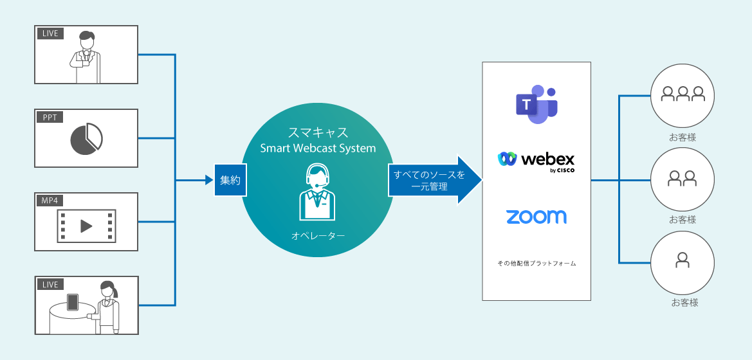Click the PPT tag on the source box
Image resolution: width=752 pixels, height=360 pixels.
pyautogui.click(x=50, y=117)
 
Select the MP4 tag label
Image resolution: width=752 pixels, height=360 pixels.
pyautogui.click(x=50, y=201)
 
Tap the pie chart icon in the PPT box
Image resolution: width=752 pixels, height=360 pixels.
pyautogui.click(x=86, y=139)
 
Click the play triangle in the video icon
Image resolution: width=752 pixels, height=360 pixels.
pyautogui.click(x=86, y=226)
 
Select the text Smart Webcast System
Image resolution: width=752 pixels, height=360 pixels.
pyautogui.click(x=318, y=149)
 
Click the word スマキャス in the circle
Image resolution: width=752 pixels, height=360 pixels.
pyautogui.click(x=318, y=132)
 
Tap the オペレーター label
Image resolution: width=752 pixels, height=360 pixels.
pyautogui.click(x=318, y=236)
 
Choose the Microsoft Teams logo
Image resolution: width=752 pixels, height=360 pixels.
pyautogui.click(x=536, y=104)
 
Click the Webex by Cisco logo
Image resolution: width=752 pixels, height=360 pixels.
pyautogui.click(x=536, y=161)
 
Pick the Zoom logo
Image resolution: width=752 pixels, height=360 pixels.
pyautogui.click(x=536, y=217)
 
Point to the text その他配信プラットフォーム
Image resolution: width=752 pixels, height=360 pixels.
pyautogui.click(x=536, y=264)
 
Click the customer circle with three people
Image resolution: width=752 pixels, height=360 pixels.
pyautogui.click(x=683, y=94)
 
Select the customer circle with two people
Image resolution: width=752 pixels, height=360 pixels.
pyautogui.click(x=683, y=178)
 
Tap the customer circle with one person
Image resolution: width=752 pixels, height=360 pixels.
pyautogui.click(x=683, y=262)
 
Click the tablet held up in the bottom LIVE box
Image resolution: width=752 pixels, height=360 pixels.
pyautogui.click(x=73, y=302)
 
